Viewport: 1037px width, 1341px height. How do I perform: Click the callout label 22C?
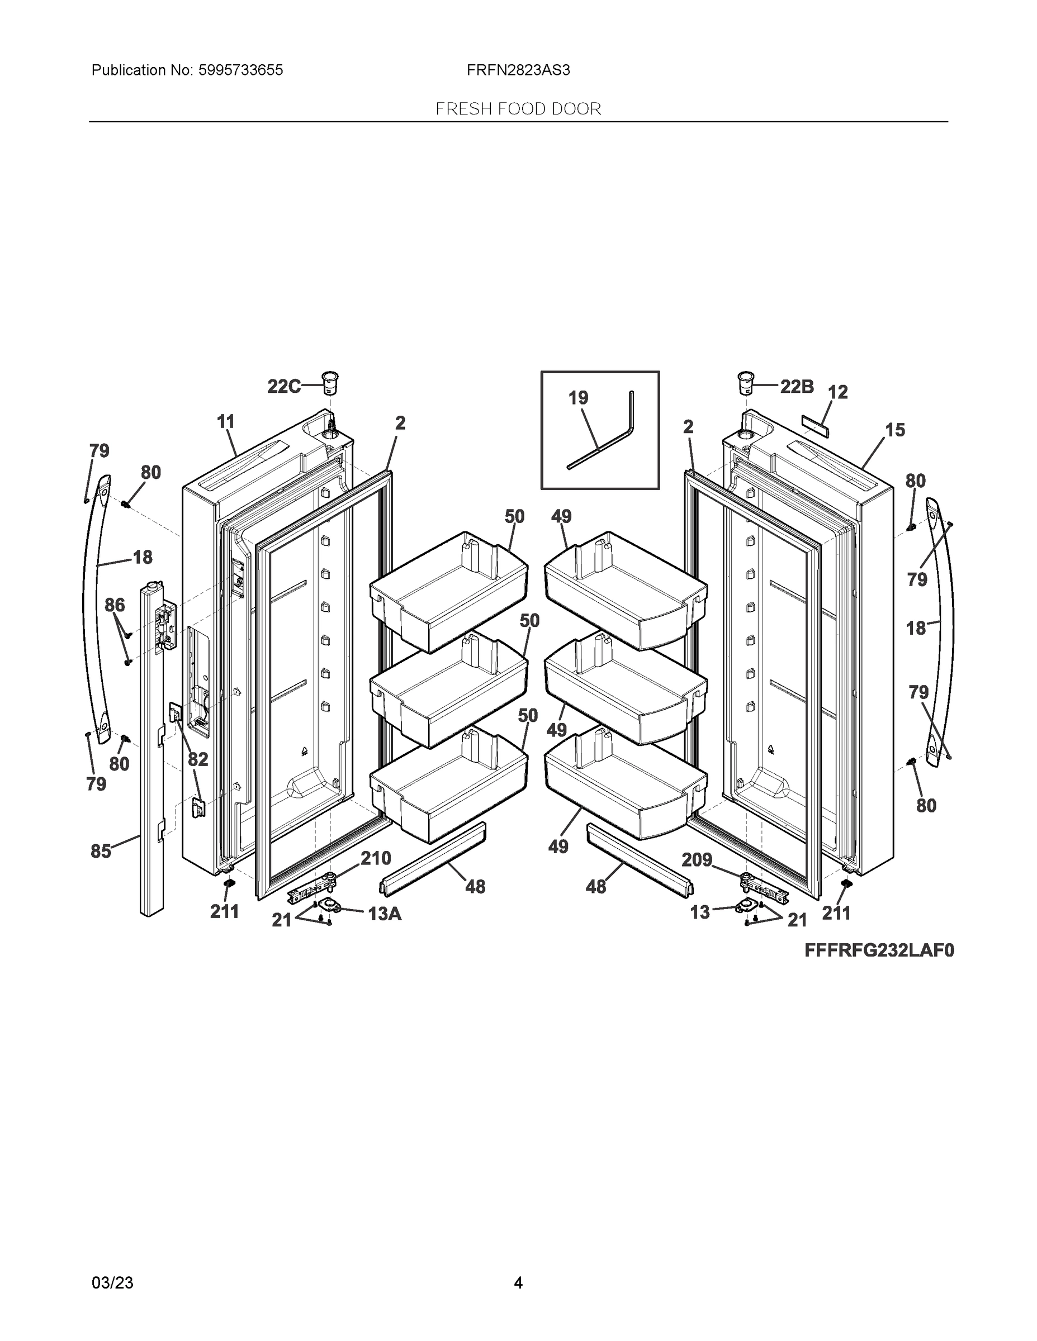[284, 386]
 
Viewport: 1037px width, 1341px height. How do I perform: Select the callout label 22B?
[797, 386]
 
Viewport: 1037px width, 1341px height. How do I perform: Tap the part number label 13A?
[385, 914]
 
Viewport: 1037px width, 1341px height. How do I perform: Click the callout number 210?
[375, 858]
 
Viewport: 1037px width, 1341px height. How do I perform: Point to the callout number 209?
[696, 859]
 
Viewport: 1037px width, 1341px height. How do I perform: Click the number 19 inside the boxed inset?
[578, 398]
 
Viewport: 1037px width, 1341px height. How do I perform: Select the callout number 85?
[101, 851]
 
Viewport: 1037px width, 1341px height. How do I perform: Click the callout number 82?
[198, 759]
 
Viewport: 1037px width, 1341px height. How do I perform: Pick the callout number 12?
[838, 392]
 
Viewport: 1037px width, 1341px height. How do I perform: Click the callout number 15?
[895, 430]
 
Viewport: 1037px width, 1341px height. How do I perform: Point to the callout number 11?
[226, 422]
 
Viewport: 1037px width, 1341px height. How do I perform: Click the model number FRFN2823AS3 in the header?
[518, 70]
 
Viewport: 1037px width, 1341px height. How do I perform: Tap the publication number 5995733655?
[240, 70]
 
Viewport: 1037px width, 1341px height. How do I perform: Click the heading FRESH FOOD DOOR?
[518, 110]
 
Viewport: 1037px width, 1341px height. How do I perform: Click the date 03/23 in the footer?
[112, 1283]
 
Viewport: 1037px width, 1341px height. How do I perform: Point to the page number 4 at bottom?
[518, 1283]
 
